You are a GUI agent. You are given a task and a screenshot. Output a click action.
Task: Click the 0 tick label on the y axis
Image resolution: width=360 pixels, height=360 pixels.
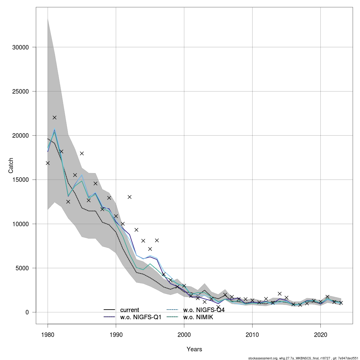(27, 312)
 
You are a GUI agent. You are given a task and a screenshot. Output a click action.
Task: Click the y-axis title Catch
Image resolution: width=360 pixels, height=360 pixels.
(11, 165)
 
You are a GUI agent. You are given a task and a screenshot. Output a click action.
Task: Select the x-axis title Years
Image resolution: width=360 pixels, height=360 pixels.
(194, 349)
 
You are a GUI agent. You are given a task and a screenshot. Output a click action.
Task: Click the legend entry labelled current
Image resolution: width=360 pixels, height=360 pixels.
(129, 310)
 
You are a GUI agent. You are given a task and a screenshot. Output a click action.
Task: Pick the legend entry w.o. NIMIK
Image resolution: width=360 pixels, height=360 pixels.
(198, 317)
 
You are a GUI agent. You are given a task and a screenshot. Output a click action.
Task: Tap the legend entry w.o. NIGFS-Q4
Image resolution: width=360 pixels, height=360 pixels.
(204, 310)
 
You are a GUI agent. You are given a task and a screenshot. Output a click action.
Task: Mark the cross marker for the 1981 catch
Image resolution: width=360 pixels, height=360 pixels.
(55, 118)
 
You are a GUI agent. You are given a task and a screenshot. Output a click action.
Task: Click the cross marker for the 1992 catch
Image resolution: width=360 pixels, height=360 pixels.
(130, 197)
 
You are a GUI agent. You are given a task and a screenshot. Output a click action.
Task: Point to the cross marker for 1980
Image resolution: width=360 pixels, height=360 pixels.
(48, 163)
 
